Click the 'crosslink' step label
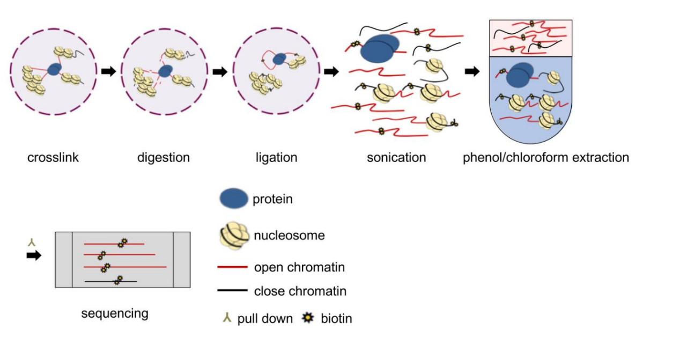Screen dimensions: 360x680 [53, 158]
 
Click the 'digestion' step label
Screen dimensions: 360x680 [163, 158]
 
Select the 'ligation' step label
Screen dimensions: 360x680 [276, 158]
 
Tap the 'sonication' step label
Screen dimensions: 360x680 [396, 158]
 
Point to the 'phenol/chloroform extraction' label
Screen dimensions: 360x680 [545, 158]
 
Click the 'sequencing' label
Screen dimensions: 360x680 [114, 313]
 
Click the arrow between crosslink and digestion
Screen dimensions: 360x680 [109, 71]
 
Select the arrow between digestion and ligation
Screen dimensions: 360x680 [220, 71]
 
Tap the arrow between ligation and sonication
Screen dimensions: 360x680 [331, 71]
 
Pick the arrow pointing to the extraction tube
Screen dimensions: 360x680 [472, 71]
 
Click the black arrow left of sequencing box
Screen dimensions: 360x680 [34, 256]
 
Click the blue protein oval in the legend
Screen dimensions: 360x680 [233, 199]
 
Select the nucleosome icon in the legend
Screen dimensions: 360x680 [234, 236]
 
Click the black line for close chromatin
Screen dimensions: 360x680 [232, 291]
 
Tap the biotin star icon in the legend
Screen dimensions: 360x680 [308, 318]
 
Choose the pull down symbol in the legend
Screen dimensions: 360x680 [227, 318]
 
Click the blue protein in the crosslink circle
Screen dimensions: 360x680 [54, 69]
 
